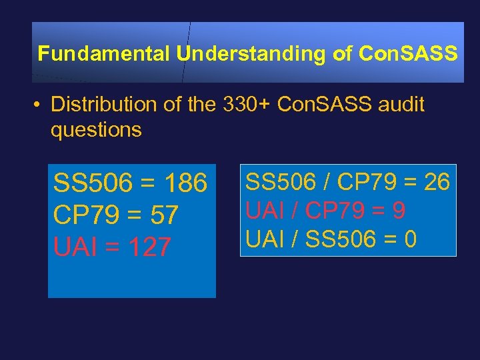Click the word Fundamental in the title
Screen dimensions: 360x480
click(104, 54)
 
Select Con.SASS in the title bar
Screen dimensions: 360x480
click(408, 54)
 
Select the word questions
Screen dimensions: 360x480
click(96, 129)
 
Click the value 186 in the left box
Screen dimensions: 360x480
click(185, 183)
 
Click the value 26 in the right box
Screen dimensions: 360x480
click(437, 181)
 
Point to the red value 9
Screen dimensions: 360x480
click(399, 210)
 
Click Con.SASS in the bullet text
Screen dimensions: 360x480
click(317, 105)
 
